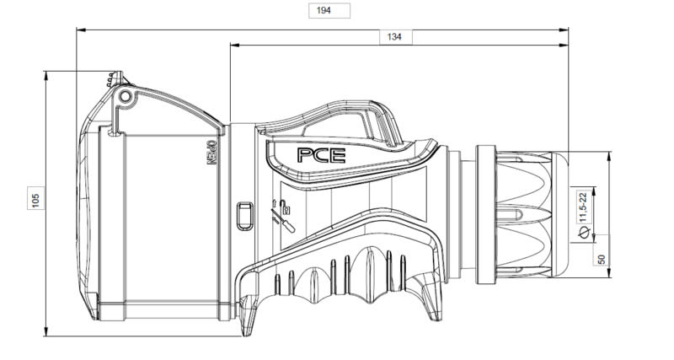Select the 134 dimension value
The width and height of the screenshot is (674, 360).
(395, 37)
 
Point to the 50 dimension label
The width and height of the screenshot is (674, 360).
(602, 259)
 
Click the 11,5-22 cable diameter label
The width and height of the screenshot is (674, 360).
(583, 207)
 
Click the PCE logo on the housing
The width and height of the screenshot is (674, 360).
(321, 155)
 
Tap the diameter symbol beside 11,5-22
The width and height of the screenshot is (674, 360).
(583, 233)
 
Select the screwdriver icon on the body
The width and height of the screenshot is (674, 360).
(283, 220)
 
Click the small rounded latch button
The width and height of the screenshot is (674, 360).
(245, 216)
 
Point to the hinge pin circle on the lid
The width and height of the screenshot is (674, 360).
(125, 96)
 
